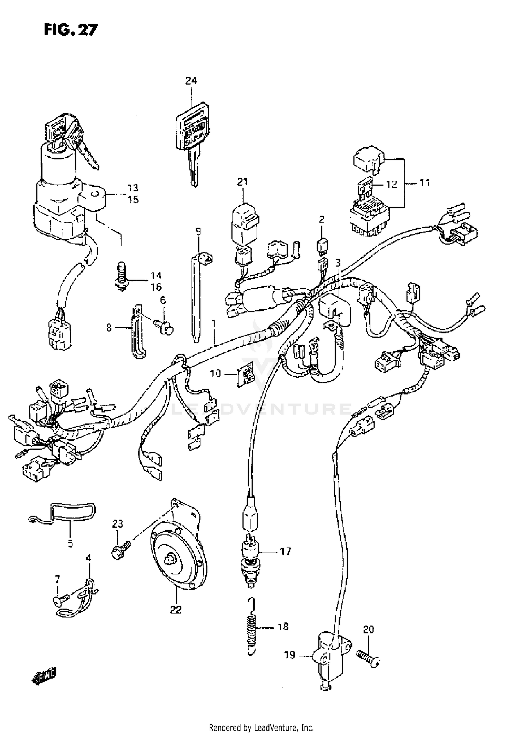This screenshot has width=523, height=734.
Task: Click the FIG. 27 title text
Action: point(71,30)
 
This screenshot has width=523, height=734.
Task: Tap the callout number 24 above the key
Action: point(191,81)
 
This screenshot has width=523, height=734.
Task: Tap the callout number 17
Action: point(285,551)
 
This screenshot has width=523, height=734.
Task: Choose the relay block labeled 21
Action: point(245,223)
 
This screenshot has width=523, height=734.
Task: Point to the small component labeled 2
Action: point(321,246)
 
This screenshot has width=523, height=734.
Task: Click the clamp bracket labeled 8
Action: point(139,331)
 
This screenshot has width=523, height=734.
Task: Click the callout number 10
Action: point(215,374)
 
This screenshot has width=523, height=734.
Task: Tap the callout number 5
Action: point(70,544)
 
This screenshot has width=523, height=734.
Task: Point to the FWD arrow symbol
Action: point(44,676)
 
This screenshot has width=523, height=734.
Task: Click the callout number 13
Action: point(133,188)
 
